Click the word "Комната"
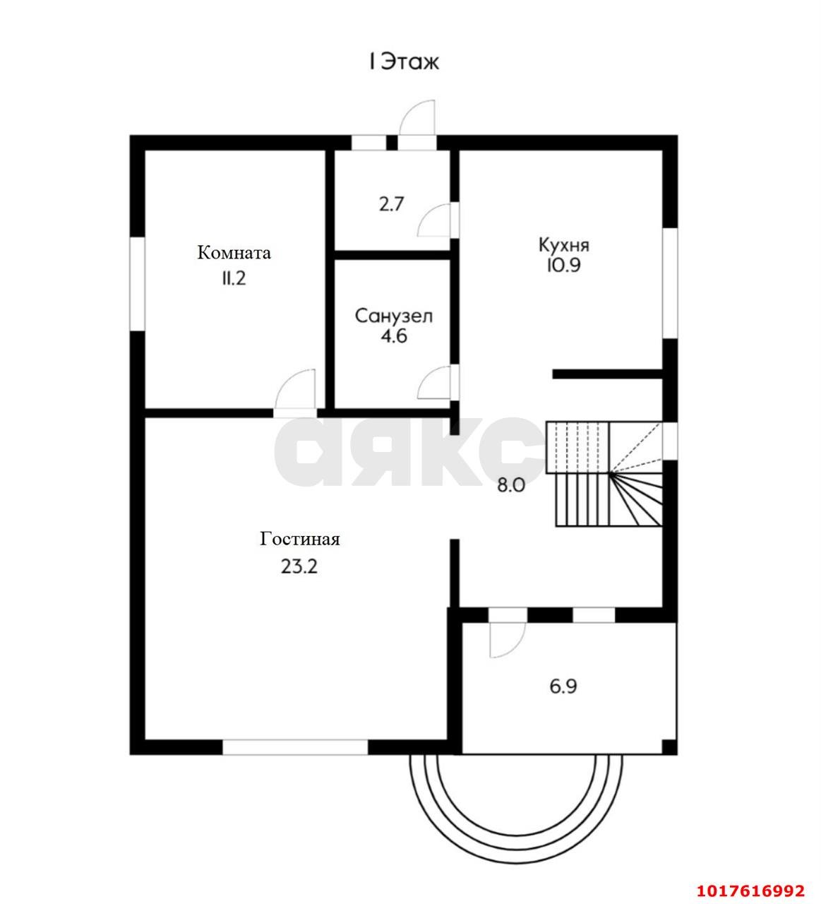234,253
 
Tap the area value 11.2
234,279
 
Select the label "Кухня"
564,246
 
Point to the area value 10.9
563,265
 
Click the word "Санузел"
394,316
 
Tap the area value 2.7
391,205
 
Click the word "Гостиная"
299,539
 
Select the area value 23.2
299,566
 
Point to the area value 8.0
511,486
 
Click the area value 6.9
563,687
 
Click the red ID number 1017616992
750,891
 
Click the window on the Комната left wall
137,284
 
